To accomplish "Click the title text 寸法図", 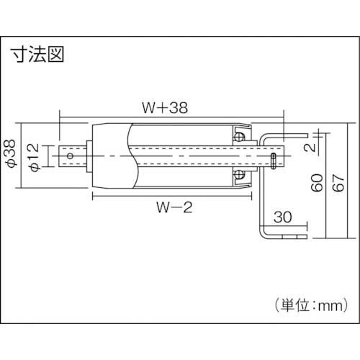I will point(37,56).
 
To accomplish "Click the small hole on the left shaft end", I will point(71,155).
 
